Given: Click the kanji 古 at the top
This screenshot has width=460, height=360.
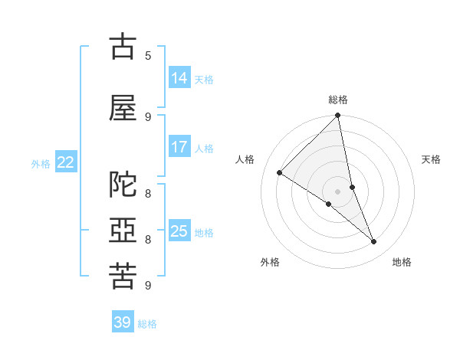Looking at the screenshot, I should (x=122, y=47).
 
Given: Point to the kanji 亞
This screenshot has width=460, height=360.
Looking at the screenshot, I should (x=122, y=231).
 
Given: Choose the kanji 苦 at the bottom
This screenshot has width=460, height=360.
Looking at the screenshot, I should (x=122, y=276).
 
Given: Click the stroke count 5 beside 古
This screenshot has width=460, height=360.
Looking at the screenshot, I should (x=148, y=55).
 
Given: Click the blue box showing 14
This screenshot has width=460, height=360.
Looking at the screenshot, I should (x=179, y=78).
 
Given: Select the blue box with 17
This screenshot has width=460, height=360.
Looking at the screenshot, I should (x=179, y=147).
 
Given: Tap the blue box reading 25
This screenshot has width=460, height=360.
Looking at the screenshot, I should (x=179, y=231).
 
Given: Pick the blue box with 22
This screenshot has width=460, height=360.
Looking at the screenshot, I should (x=66, y=162).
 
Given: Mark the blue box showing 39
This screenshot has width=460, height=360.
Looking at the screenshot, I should (x=122, y=322).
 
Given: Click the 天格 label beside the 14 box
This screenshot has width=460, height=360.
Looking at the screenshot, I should (x=204, y=80).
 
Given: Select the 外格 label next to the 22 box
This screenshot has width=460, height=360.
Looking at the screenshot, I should (x=41, y=163).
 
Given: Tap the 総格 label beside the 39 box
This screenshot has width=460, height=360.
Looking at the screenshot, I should (x=147, y=324).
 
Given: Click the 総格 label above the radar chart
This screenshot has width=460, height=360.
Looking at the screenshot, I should (x=338, y=100).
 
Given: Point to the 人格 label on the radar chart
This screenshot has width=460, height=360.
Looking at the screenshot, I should (x=245, y=159).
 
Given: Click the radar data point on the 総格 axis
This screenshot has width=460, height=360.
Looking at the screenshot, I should (x=337, y=116).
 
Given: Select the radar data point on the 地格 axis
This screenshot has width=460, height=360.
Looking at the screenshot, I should (x=374, y=242).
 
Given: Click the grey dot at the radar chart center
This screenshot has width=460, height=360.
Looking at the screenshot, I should (x=337, y=191).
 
